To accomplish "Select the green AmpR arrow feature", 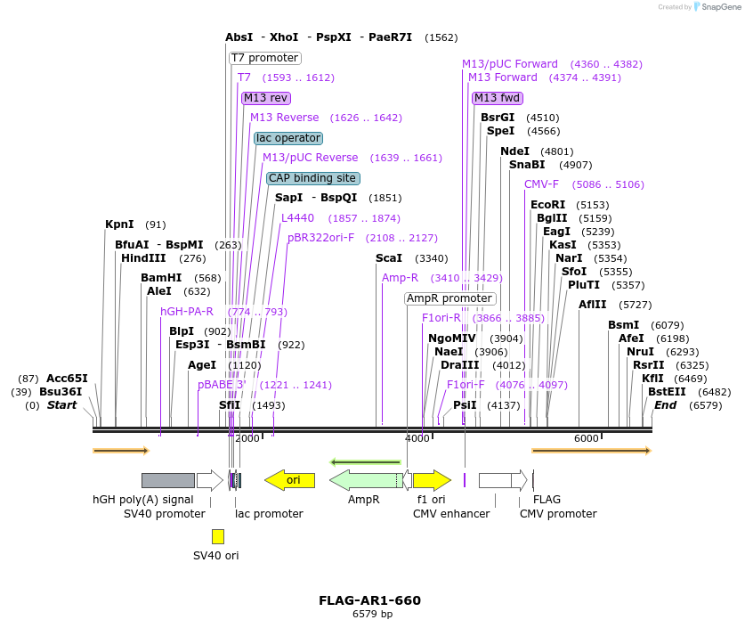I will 366,481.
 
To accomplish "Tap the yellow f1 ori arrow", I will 432,481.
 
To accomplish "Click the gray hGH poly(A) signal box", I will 167,481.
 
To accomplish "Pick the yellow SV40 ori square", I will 218,536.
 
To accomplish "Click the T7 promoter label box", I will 265,58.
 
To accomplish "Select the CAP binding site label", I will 312,178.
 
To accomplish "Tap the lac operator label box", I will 287,138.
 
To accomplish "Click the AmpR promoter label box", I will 449,298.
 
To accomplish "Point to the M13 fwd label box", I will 497,98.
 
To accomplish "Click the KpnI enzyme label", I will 119,224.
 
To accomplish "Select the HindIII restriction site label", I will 143,258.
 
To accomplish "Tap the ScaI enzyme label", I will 389,258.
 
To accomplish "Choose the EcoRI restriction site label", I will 547,205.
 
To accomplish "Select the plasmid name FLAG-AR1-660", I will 369,600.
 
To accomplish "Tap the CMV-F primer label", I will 541,184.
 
